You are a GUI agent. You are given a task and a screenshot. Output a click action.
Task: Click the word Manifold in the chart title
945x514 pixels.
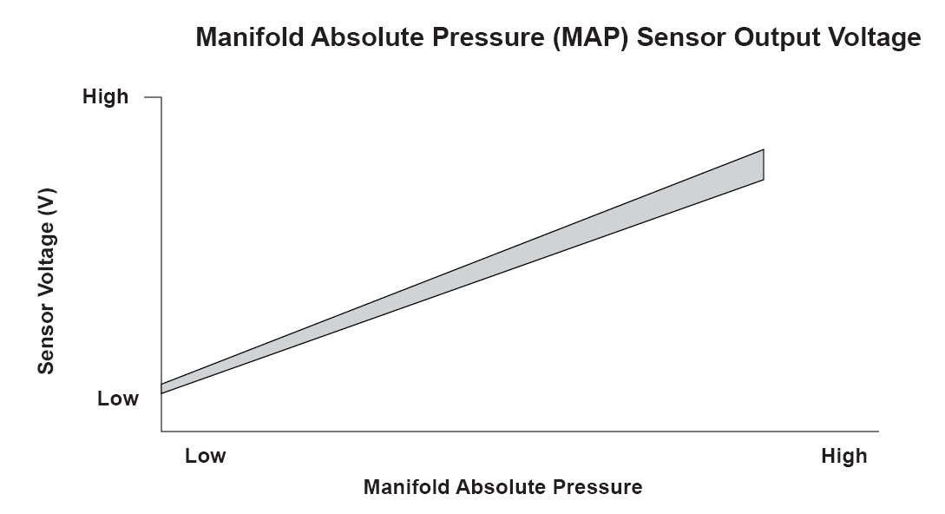(x=250, y=36)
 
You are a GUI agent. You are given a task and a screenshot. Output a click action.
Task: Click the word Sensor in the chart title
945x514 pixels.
(x=681, y=37)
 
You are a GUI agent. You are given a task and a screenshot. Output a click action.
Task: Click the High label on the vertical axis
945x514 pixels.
(x=106, y=96)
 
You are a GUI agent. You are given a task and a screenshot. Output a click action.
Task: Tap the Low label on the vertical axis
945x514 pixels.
(x=118, y=399)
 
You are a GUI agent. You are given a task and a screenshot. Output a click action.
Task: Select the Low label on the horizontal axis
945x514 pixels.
(x=206, y=456)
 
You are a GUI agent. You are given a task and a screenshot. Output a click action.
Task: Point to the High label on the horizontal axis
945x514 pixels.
(x=843, y=456)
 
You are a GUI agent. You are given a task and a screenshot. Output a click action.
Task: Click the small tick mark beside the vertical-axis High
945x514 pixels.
(x=153, y=96)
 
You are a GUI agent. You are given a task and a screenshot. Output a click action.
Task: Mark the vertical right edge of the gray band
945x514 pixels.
(x=764, y=164)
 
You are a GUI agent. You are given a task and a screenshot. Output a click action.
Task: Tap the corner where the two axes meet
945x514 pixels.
(x=161, y=432)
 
